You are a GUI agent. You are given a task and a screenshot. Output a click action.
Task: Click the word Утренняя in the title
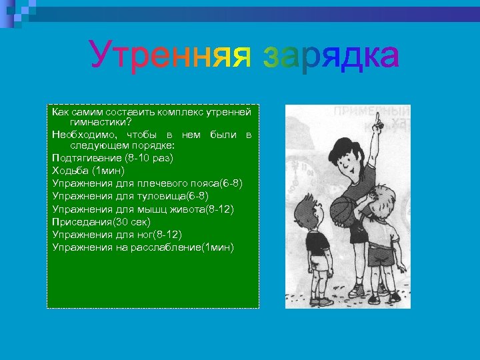pos(171,56)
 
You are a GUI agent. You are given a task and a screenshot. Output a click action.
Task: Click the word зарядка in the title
pos(331,56)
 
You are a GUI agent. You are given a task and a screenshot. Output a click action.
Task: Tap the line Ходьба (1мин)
pos(88,171)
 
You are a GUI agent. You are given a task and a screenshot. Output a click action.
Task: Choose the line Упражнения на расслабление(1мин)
pos(143,247)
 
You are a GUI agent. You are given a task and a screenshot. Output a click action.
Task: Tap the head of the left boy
pos(311,205)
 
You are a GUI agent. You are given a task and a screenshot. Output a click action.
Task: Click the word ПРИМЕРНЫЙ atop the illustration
pos(371,111)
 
